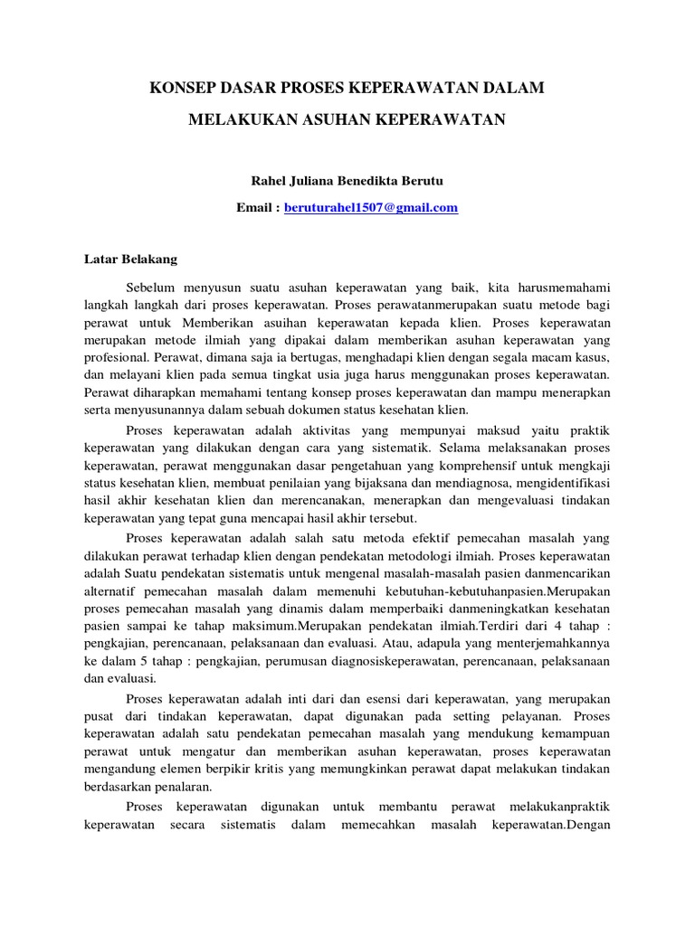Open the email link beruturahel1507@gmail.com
(371, 207)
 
